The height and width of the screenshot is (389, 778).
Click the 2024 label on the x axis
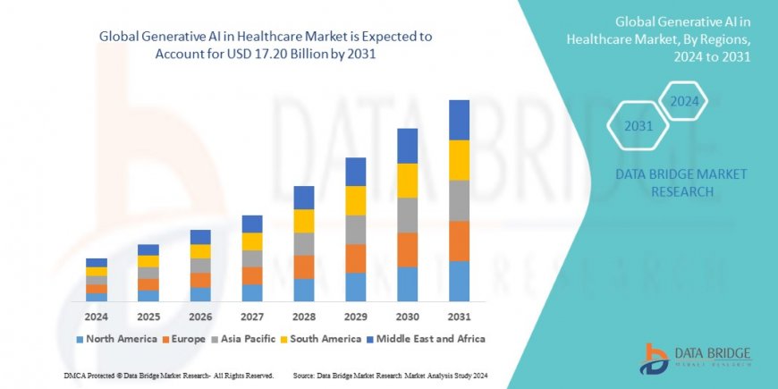(97, 316)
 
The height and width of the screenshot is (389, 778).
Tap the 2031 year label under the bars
(459, 316)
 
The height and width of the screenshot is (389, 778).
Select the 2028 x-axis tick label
(303, 316)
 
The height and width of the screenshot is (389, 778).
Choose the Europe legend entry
(190, 339)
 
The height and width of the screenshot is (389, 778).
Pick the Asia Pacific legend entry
(247, 339)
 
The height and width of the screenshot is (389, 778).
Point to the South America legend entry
(325, 339)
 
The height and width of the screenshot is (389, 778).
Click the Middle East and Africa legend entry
(431, 339)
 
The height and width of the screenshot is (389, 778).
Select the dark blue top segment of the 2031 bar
(459, 120)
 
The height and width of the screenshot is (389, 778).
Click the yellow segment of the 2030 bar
(407, 181)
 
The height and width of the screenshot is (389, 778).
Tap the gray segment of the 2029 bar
(355, 229)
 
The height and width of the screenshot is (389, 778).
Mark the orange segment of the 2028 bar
(304, 266)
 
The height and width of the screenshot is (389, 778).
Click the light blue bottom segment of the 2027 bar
(252, 292)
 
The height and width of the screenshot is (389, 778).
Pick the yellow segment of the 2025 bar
(148, 261)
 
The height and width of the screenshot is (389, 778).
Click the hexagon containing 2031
(637, 125)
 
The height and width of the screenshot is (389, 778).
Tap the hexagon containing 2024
(684, 100)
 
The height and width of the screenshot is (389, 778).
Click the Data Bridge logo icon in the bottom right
(655, 357)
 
